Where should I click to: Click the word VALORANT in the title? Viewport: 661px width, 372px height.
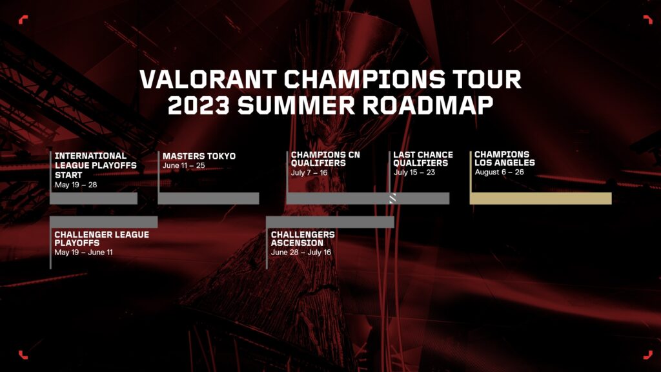208,79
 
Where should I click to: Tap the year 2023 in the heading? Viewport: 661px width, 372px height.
199,105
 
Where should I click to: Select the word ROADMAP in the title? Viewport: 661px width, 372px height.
428,105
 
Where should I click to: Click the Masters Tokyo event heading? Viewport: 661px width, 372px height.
199,156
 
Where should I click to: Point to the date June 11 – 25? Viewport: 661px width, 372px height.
184,166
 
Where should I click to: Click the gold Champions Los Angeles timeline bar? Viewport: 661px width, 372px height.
541,198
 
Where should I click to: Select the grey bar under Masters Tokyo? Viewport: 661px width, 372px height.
208,198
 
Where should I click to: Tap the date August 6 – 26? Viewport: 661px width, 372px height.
500,172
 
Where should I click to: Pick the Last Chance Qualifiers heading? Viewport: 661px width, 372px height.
423,159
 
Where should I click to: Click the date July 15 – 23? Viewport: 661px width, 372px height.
414,172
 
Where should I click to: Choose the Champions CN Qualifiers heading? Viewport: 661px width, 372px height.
325,159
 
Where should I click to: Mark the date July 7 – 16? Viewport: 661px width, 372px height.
309,173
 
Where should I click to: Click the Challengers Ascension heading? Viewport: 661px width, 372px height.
303,239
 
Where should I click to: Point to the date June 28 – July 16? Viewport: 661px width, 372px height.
301,253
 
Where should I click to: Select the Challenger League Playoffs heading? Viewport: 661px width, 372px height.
101,239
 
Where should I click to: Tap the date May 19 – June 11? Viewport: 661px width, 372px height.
83,253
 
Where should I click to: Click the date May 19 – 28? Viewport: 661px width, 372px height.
76,185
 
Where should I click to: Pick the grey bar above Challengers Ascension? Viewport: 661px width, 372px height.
330,222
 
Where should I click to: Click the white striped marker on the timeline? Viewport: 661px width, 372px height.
392,198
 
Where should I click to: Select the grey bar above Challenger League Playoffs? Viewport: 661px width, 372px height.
104,222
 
